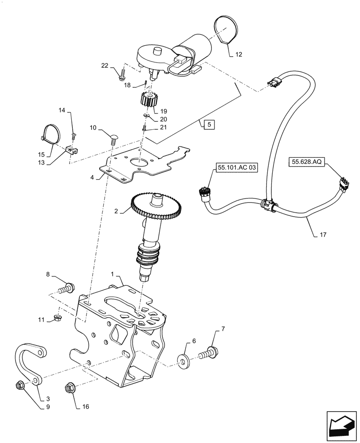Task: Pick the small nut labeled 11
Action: (57, 318)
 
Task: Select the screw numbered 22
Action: (122, 75)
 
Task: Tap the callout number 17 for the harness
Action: (322, 234)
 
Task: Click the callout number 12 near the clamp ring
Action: (239, 54)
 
